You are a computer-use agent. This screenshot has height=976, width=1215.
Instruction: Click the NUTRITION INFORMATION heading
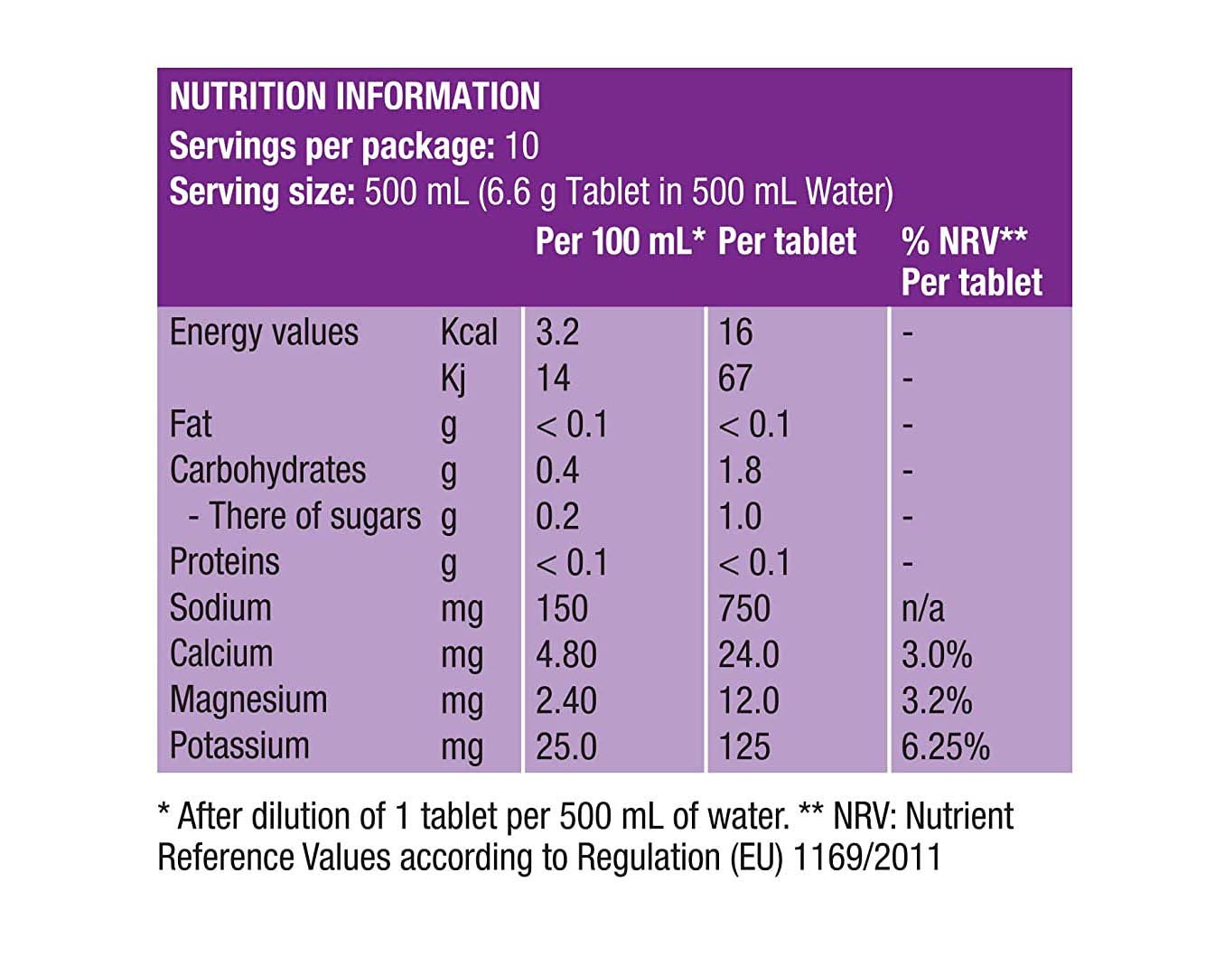pyautogui.click(x=354, y=97)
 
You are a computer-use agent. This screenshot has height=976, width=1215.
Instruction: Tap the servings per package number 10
pyautogui.click(x=521, y=146)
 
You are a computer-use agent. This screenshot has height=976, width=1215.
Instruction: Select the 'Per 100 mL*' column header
pyautogui.click(x=619, y=241)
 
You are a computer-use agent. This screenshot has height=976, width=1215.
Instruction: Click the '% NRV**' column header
pyautogui.click(x=964, y=241)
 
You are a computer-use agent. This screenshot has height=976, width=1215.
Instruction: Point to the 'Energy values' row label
pyautogui.click(x=264, y=333)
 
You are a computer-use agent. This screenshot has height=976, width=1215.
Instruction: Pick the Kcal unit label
pyautogui.click(x=468, y=333)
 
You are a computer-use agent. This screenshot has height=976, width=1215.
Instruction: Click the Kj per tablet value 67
pyautogui.click(x=734, y=379)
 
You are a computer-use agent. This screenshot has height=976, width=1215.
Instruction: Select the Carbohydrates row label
pyautogui.click(x=267, y=471)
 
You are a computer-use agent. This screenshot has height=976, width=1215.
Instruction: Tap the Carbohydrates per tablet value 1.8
pyautogui.click(x=739, y=471)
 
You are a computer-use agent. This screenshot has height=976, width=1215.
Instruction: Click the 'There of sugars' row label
pyautogui.click(x=304, y=517)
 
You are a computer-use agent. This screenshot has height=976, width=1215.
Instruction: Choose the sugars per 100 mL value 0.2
pyautogui.click(x=556, y=517)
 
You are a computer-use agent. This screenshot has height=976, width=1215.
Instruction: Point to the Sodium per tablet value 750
pyautogui.click(x=743, y=609)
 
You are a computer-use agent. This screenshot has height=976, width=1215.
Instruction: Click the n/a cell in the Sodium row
pyautogui.click(x=922, y=609)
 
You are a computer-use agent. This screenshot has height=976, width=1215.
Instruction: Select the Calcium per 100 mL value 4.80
pyautogui.click(x=565, y=655)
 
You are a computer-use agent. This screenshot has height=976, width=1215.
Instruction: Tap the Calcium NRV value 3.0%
pyautogui.click(x=936, y=655)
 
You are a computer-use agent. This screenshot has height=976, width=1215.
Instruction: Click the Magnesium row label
pyautogui.click(x=248, y=700)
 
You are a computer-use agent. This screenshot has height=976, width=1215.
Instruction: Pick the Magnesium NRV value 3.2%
pyautogui.click(x=936, y=701)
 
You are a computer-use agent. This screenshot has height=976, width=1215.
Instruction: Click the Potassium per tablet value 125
pyautogui.click(x=743, y=747)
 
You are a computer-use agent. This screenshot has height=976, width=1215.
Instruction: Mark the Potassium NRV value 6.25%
pyautogui.click(x=945, y=747)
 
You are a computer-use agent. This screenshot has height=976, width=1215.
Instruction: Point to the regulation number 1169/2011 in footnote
pyautogui.click(x=866, y=858)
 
